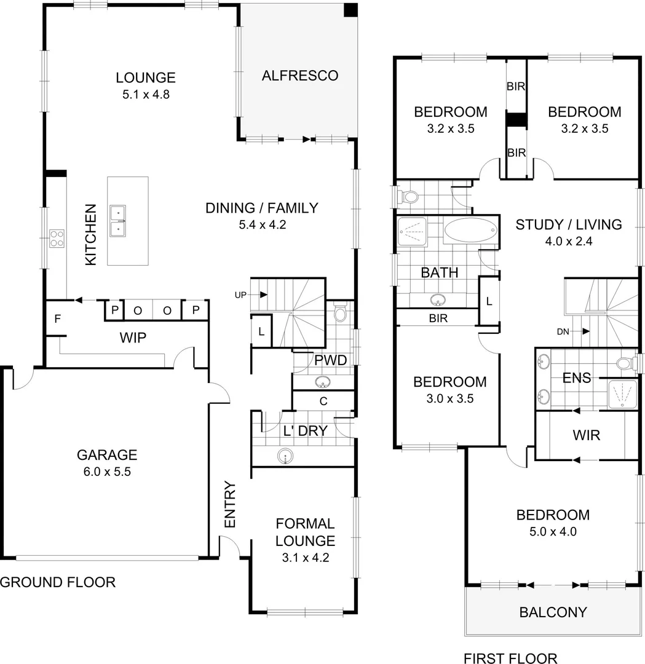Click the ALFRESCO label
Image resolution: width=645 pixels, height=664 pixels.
299,76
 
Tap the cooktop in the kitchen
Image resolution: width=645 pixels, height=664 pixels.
57,238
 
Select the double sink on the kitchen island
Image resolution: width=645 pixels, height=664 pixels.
118,221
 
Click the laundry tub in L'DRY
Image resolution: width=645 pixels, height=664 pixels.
284,456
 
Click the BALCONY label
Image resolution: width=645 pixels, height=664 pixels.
553,612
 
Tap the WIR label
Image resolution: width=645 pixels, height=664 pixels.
586,435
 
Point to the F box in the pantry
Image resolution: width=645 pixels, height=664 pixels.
57,319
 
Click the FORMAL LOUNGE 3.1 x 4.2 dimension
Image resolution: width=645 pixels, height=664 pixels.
305,559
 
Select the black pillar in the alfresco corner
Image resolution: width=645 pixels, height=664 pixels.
350,10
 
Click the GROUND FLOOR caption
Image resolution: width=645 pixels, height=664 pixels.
58,582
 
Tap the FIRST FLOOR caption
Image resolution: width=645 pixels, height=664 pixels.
510,658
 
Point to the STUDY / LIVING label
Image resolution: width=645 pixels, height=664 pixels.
568,224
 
